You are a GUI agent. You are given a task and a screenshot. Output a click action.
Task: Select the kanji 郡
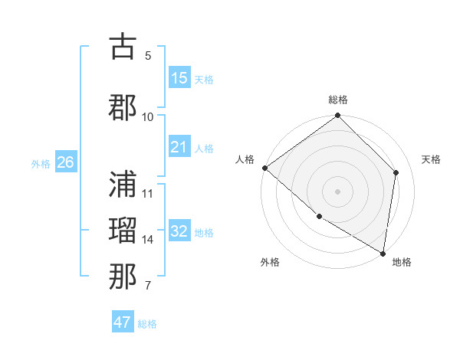pyautogui.click(x=123, y=107)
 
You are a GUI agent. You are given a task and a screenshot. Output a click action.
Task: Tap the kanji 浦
pyautogui.click(x=123, y=184)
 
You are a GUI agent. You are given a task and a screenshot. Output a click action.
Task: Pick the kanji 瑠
pyautogui.click(x=123, y=231)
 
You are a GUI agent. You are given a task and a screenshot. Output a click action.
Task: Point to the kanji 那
pyautogui.click(x=123, y=277)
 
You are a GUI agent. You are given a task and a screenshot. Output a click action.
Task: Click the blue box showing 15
pyautogui.click(x=179, y=78)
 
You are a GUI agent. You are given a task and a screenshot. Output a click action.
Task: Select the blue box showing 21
pyautogui.click(x=179, y=147)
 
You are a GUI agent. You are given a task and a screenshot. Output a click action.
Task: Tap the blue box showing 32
pyautogui.click(x=179, y=231)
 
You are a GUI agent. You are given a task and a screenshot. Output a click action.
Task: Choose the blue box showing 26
pyautogui.click(x=66, y=162)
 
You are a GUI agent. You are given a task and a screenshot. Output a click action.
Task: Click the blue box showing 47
pyautogui.click(x=123, y=322)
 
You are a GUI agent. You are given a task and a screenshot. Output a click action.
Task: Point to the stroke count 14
pyautogui.click(x=148, y=240)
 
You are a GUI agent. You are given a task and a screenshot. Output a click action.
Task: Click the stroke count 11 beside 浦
pyautogui.click(x=148, y=193)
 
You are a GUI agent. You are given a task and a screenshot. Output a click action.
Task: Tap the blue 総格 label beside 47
pyautogui.click(x=147, y=324)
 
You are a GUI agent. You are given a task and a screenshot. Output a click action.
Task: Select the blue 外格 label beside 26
pyautogui.click(x=41, y=163)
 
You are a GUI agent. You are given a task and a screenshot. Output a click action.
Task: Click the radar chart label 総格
pyautogui.click(x=338, y=100)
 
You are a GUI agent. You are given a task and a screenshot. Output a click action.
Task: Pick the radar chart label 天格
pyautogui.click(x=431, y=159)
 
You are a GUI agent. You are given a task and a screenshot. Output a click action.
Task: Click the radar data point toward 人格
pyautogui.click(x=264, y=168)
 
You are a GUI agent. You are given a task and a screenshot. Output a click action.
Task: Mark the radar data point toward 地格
pyautogui.click(x=383, y=253)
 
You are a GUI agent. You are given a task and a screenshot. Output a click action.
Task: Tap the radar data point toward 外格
pyautogui.click(x=319, y=217)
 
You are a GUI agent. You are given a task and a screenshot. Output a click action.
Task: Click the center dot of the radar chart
pyautogui.click(x=338, y=191)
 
